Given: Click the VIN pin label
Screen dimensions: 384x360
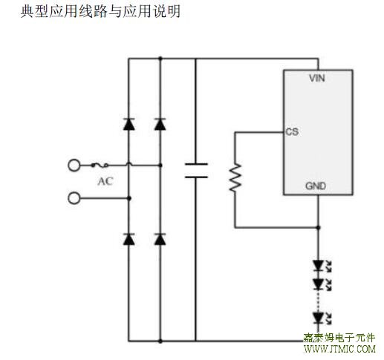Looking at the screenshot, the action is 317,78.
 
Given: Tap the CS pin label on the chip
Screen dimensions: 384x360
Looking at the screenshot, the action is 292,132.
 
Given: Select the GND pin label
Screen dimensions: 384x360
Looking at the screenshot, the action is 316,186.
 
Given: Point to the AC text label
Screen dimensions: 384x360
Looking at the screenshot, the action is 105,181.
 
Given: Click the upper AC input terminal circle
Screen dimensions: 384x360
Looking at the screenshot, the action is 74,166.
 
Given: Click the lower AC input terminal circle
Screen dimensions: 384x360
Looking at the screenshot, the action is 74,198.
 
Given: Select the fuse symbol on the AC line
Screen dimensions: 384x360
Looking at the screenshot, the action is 100,166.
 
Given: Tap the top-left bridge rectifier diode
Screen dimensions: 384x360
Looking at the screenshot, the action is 129,124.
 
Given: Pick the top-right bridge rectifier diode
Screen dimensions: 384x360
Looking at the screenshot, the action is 160,124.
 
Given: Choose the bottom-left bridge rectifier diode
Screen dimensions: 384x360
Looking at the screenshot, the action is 129,239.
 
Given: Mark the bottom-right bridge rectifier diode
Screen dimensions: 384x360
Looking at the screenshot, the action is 160,239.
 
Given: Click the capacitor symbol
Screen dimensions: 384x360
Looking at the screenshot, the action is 196,171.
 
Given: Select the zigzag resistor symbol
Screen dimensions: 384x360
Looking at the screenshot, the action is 235,177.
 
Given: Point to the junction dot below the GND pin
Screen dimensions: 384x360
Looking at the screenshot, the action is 319,227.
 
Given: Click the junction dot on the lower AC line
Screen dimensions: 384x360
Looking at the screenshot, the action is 129,198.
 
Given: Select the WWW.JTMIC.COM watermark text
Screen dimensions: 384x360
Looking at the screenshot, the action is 339,349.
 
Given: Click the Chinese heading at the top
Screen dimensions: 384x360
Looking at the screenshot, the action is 100,11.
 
